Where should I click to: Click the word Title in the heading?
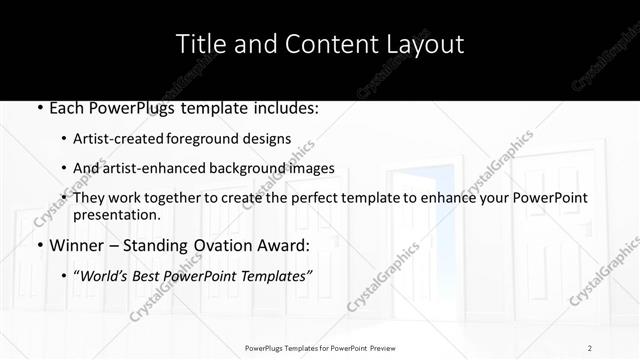pos(199,44)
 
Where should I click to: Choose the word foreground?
pos(206,139)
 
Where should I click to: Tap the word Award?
pos(286,246)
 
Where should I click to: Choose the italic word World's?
pos(108,277)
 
